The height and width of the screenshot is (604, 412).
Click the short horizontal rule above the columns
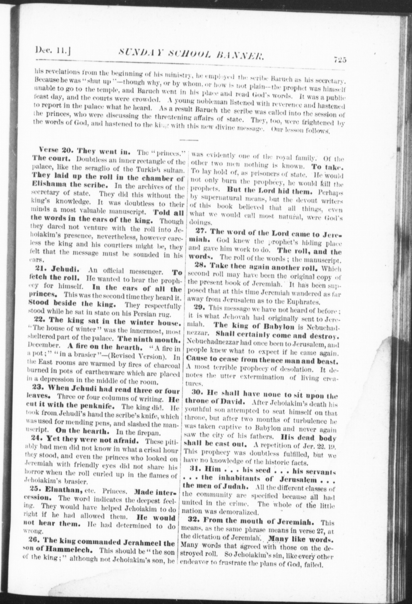[x=189, y=140]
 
